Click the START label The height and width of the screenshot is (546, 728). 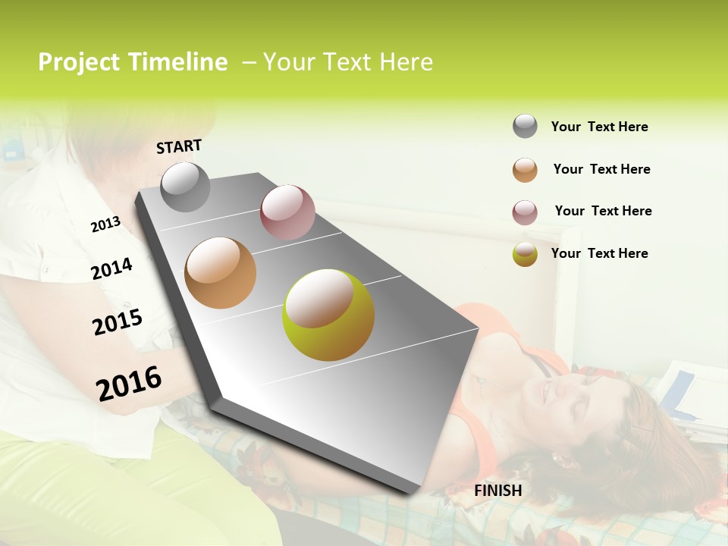[x=179, y=146]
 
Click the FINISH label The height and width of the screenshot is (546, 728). [x=497, y=491]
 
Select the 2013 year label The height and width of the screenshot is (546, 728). [x=105, y=224]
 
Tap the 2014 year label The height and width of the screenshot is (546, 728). [x=112, y=268]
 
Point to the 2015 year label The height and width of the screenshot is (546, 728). [x=118, y=322]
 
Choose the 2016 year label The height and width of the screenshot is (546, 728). [x=129, y=383]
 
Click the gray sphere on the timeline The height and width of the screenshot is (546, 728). [x=186, y=187]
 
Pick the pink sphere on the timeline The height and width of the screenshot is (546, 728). [x=287, y=212]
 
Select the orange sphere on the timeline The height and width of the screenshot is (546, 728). [x=221, y=273]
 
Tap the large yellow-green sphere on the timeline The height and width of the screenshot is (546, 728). [x=328, y=315]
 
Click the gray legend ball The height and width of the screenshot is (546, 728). [x=525, y=127]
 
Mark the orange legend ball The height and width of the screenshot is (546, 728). [x=525, y=170]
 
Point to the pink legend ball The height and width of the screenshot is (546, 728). [x=525, y=212]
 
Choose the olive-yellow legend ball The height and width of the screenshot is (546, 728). [x=525, y=254]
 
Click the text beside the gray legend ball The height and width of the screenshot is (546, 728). [x=599, y=127]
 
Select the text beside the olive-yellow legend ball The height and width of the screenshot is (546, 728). [x=599, y=253]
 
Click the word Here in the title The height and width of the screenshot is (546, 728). [x=406, y=62]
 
